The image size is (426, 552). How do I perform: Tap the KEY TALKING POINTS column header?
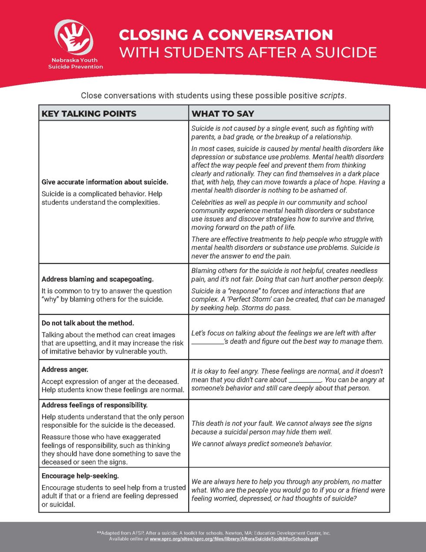(x=89, y=114)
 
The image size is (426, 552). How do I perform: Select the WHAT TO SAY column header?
(x=223, y=114)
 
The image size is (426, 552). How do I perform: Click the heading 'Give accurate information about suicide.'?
(x=105, y=182)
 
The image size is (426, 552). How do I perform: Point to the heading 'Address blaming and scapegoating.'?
(x=97, y=279)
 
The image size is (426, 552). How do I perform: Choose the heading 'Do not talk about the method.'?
(x=88, y=323)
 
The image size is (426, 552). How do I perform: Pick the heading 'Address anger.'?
(x=65, y=370)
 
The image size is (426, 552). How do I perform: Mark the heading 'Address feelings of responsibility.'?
(x=94, y=405)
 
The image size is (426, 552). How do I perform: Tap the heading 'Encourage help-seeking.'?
(x=80, y=476)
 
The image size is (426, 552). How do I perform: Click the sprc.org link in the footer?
(x=234, y=539)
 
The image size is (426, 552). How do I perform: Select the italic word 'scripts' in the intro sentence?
(x=332, y=96)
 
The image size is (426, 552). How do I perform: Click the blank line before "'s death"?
(x=207, y=342)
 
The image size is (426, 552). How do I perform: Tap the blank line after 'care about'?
(x=305, y=380)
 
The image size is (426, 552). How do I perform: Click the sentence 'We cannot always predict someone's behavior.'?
(x=262, y=444)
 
